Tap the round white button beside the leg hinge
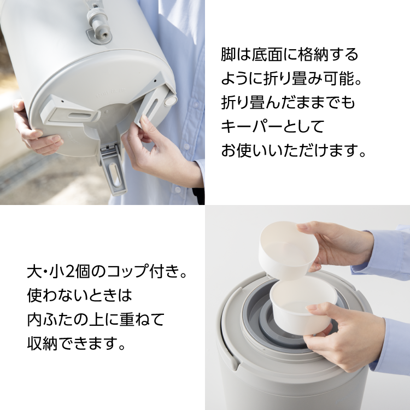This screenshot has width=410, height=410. tap(170, 101)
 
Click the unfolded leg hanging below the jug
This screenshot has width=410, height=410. tap(114, 170)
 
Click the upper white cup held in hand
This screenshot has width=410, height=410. tap(289, 250)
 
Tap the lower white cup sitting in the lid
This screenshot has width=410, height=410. tap(303, 306)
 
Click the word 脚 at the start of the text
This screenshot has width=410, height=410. tap(228, 54)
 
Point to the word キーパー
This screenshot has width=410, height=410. tap(251, 126)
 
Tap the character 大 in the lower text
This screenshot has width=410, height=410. tap(34, 271)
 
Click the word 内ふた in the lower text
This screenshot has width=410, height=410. tap(50, 320)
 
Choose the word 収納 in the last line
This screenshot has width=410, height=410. tap(42, 343)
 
